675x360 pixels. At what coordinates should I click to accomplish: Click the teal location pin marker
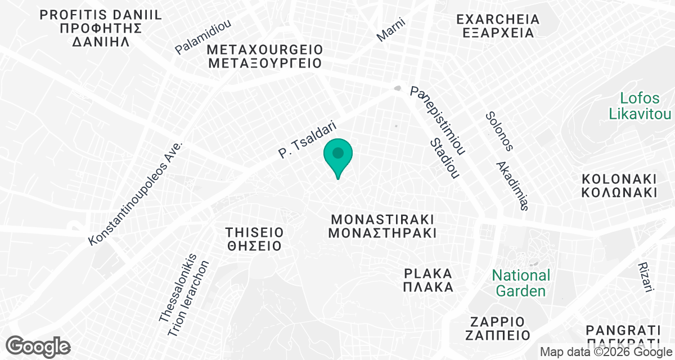[337, 155]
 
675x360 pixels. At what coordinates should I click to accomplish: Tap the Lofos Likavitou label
[640, 106]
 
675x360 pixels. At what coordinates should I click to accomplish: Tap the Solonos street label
[499, 132]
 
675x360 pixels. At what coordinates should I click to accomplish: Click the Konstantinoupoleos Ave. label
[137, 193]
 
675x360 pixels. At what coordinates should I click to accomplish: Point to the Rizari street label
[645, 277]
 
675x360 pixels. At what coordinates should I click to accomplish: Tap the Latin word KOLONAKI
[619, 179]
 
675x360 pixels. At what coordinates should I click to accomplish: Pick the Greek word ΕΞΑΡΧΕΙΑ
[498, 33]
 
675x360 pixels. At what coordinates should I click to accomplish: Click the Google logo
[38, 346]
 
